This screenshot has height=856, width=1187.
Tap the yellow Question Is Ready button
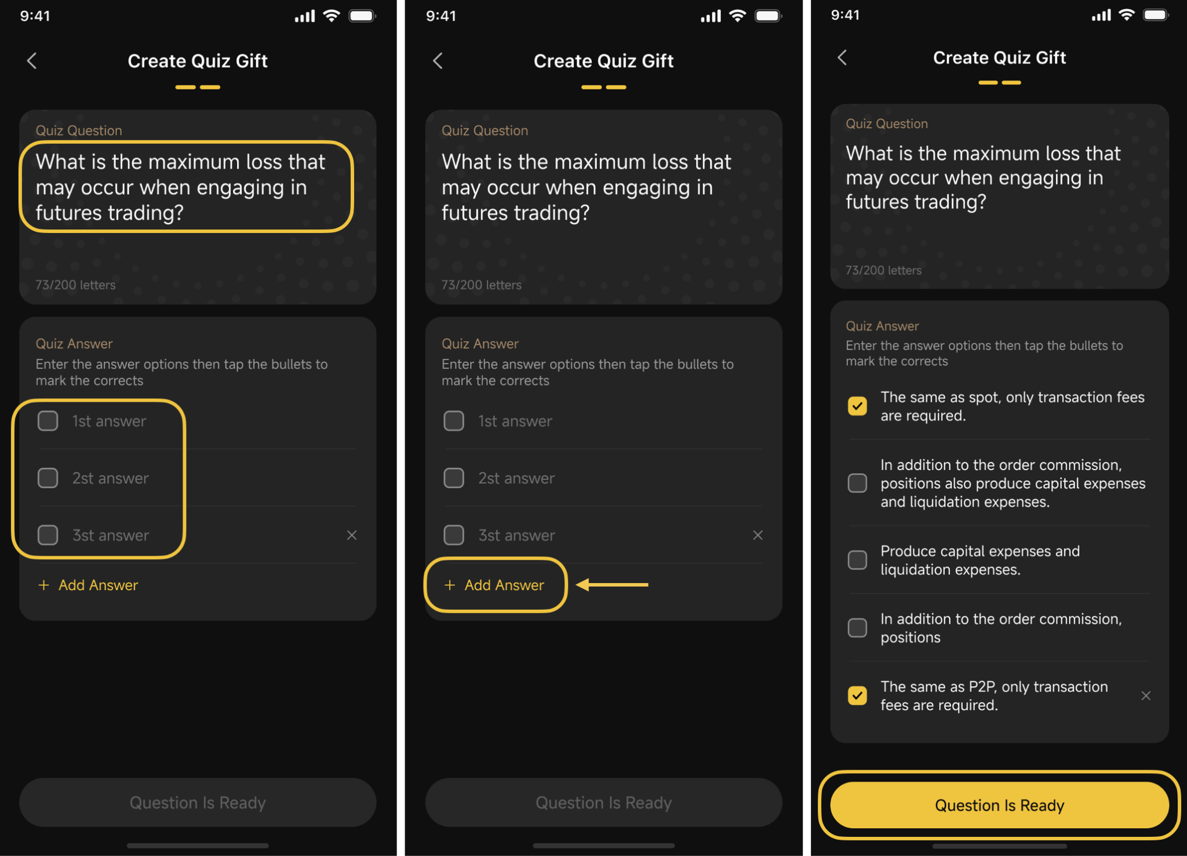pyautogui.click(x=999, y=805)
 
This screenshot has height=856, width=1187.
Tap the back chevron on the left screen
pyautogui.click(x=32, y=60)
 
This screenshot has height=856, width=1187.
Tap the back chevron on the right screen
pyautogui.click(x=842, y=57)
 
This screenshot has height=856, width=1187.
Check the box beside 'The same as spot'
pyautogui.click(x=857, y=406)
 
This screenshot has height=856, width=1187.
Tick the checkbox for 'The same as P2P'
pyautogui.click(x=857, y=695)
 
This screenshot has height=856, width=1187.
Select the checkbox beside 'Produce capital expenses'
pyautogui.click(x=857, y=560)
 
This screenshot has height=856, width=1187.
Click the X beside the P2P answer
pyautogui.click(x=1146, y=695)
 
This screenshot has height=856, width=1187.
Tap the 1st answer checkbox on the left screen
pyautogui.click(x=48, y=421)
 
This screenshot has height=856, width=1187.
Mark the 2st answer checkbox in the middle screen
pyautogui.click(x=454, y=478)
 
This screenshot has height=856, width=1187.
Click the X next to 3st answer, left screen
pyautogui.click(x=352, y=535)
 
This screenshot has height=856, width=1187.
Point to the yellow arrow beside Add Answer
pyautogui.click(x=612, y=585)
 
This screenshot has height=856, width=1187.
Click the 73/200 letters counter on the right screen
pyautogui.click(x=883, y=270)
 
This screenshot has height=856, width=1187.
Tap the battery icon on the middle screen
pyautogui.click(x=768, y=16)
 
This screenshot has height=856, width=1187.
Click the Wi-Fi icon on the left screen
pyautogui.click(x=331, y=16)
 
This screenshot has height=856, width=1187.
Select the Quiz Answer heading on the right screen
pyautogui.click(x=882, y=326)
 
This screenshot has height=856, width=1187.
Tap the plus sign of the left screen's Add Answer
pyautogui.click(x=43, y=585)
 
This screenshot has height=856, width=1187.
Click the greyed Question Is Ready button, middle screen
pyautogui.click(x=603, y=802)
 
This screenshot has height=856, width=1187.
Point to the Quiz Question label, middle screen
pyautogui.click(x=485, y=130)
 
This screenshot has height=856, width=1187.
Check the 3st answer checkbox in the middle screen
pyautogui.click(x=454, y=535)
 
